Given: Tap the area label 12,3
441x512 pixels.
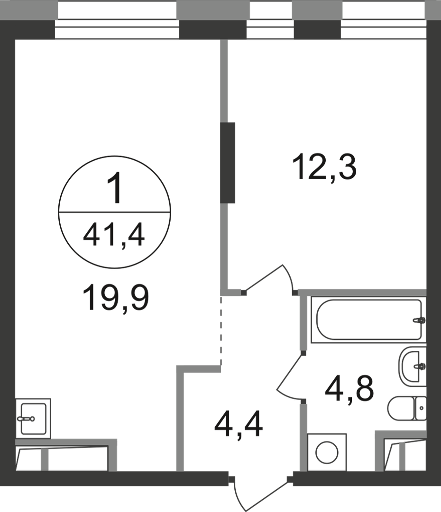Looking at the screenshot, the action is (x=324, y=167).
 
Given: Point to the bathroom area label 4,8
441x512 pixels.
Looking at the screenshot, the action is (x=349, y=389).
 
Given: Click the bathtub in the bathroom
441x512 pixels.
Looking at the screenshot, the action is (x=368, y=320).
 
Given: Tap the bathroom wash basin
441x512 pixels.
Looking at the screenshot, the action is (x=412, y=366).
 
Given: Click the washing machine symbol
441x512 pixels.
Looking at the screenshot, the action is (x=327, y=452).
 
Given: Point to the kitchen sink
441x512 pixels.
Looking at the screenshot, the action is (x=33, y=419).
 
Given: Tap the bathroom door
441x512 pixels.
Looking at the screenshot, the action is (x=289, y=376).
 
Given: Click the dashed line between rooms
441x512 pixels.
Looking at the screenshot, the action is (x=221, y=330).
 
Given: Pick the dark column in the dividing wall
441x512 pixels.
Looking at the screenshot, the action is (x=228, y=163).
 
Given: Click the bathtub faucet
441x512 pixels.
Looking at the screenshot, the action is (x=419, y=320).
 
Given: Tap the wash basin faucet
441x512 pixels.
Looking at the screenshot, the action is (x=420, y=366).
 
